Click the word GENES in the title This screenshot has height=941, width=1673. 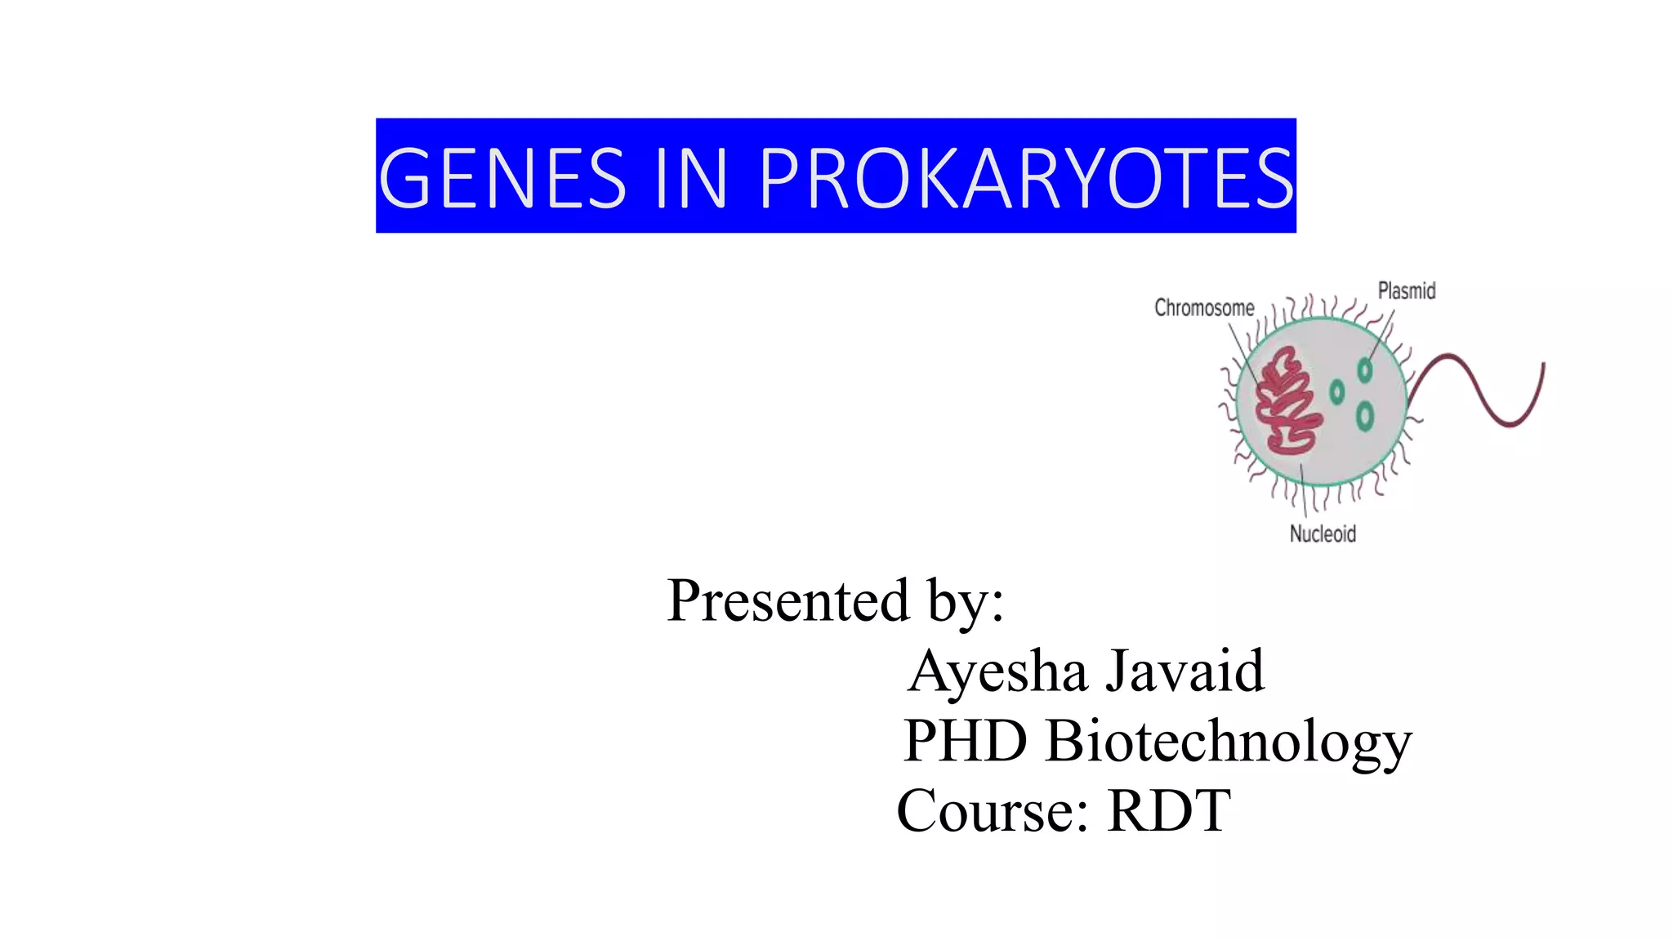(502, 177)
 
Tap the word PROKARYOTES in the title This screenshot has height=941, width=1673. (1026, 177)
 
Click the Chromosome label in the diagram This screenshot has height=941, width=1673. (1204, 308)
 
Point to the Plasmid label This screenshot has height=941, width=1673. (1406, 291)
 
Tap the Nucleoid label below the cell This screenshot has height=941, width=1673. (1323, 534)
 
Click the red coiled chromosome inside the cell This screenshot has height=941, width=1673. (1287, 401)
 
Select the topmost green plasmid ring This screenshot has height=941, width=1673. (1364, 370)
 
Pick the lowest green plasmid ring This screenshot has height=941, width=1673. (1364, 417)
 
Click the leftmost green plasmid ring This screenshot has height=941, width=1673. (1336, 392)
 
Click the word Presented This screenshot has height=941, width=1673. (787, 601)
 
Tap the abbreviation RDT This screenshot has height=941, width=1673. (1169, 811)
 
